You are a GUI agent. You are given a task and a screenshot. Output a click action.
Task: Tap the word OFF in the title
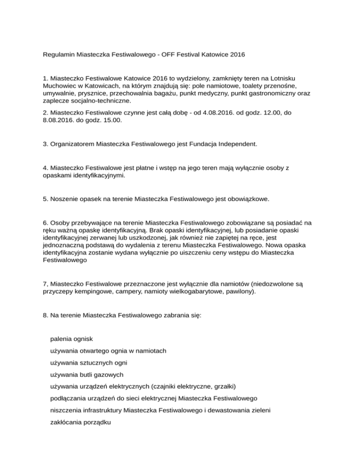[x=166, y=54]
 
